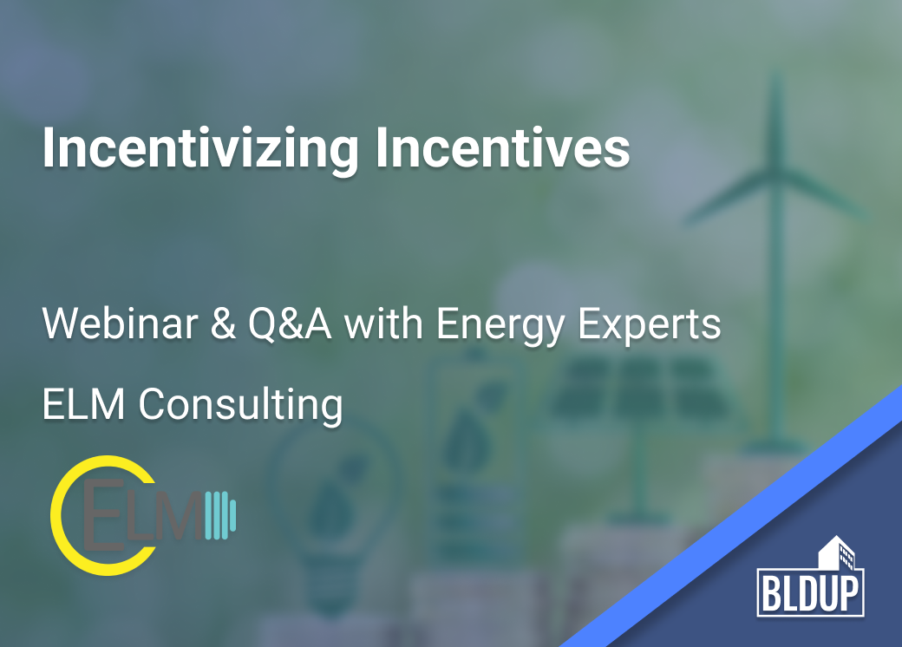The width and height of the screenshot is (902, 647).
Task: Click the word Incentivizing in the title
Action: (200, 149)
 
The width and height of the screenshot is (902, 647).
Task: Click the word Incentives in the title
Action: (503, 147)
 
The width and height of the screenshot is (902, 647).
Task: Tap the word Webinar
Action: (120, 323)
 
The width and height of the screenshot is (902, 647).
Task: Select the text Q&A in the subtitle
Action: (290, 323)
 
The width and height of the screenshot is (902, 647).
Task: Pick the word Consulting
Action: (240, 405)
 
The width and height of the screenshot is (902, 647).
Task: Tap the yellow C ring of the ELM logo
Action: (55, 514)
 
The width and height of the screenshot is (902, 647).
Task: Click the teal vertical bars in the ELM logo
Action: (220, 515)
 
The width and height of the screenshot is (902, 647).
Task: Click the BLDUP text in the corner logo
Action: (810, 593)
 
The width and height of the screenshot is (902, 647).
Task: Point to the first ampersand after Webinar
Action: (223, 323)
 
